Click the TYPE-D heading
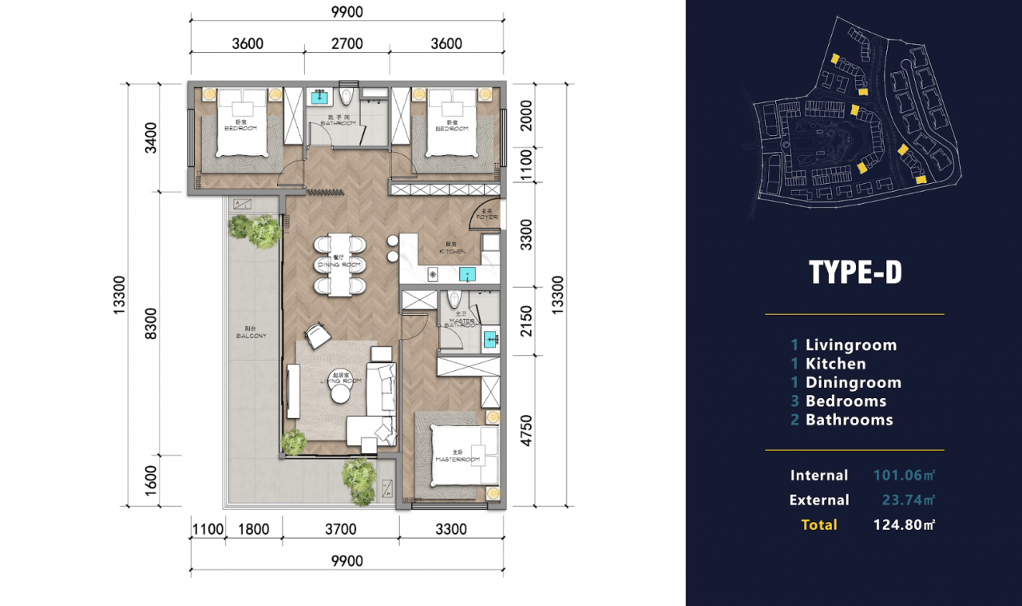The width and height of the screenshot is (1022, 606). [855, 273]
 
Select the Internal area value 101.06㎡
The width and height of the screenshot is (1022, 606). [904, 476]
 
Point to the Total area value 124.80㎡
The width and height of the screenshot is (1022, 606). [904, 525]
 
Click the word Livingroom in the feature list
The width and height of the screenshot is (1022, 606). [850, 345]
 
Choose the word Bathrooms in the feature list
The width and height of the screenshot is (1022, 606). [849, 420]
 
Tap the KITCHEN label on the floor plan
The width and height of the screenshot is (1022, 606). [451, 251]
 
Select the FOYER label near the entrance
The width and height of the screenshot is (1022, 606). [487, 217]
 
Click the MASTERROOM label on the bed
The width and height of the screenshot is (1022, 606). [457, 460]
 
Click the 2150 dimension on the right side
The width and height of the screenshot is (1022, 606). [525, 322]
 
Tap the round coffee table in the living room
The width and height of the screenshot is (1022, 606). [341, 393]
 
